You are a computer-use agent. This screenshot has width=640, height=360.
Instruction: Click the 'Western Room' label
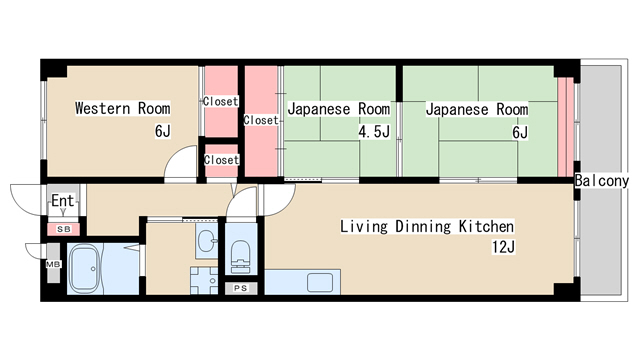[122, 108]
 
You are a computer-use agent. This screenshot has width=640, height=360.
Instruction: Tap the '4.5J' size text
[373, 132]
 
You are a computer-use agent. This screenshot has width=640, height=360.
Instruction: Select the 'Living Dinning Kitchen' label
[427, 226]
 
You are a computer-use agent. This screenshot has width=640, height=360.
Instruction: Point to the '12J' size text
[502, 247]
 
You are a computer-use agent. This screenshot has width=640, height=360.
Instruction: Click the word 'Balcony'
[602, 181]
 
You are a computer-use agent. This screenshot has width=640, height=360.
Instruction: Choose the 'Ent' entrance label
[62, 201]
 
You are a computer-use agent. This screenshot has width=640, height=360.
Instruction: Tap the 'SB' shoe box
[63, 229]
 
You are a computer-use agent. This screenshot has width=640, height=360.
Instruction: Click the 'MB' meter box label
[53, 265]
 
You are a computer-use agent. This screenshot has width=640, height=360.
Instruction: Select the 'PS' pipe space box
[240, 288]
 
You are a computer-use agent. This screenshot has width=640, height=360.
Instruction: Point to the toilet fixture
[241, 257]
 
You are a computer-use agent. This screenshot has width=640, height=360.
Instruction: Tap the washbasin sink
[206, 240]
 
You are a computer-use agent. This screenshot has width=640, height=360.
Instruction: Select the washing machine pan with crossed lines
[204, 280]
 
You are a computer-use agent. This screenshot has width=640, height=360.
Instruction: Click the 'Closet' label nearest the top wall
[220, 101]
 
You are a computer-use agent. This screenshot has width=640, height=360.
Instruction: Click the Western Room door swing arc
[181, 162]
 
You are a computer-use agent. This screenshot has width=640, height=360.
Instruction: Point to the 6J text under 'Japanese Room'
[519, 132]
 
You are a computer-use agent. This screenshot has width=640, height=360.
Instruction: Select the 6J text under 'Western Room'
[162, 132]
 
